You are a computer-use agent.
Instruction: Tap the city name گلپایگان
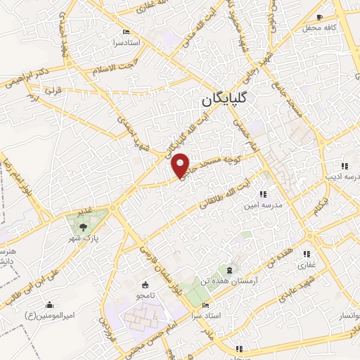226,100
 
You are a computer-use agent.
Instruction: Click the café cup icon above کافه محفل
320,17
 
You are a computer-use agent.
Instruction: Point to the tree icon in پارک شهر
84,226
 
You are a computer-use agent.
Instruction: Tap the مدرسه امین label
262,205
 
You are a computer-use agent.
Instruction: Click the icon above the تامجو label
145,285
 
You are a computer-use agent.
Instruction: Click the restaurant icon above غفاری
307,255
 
